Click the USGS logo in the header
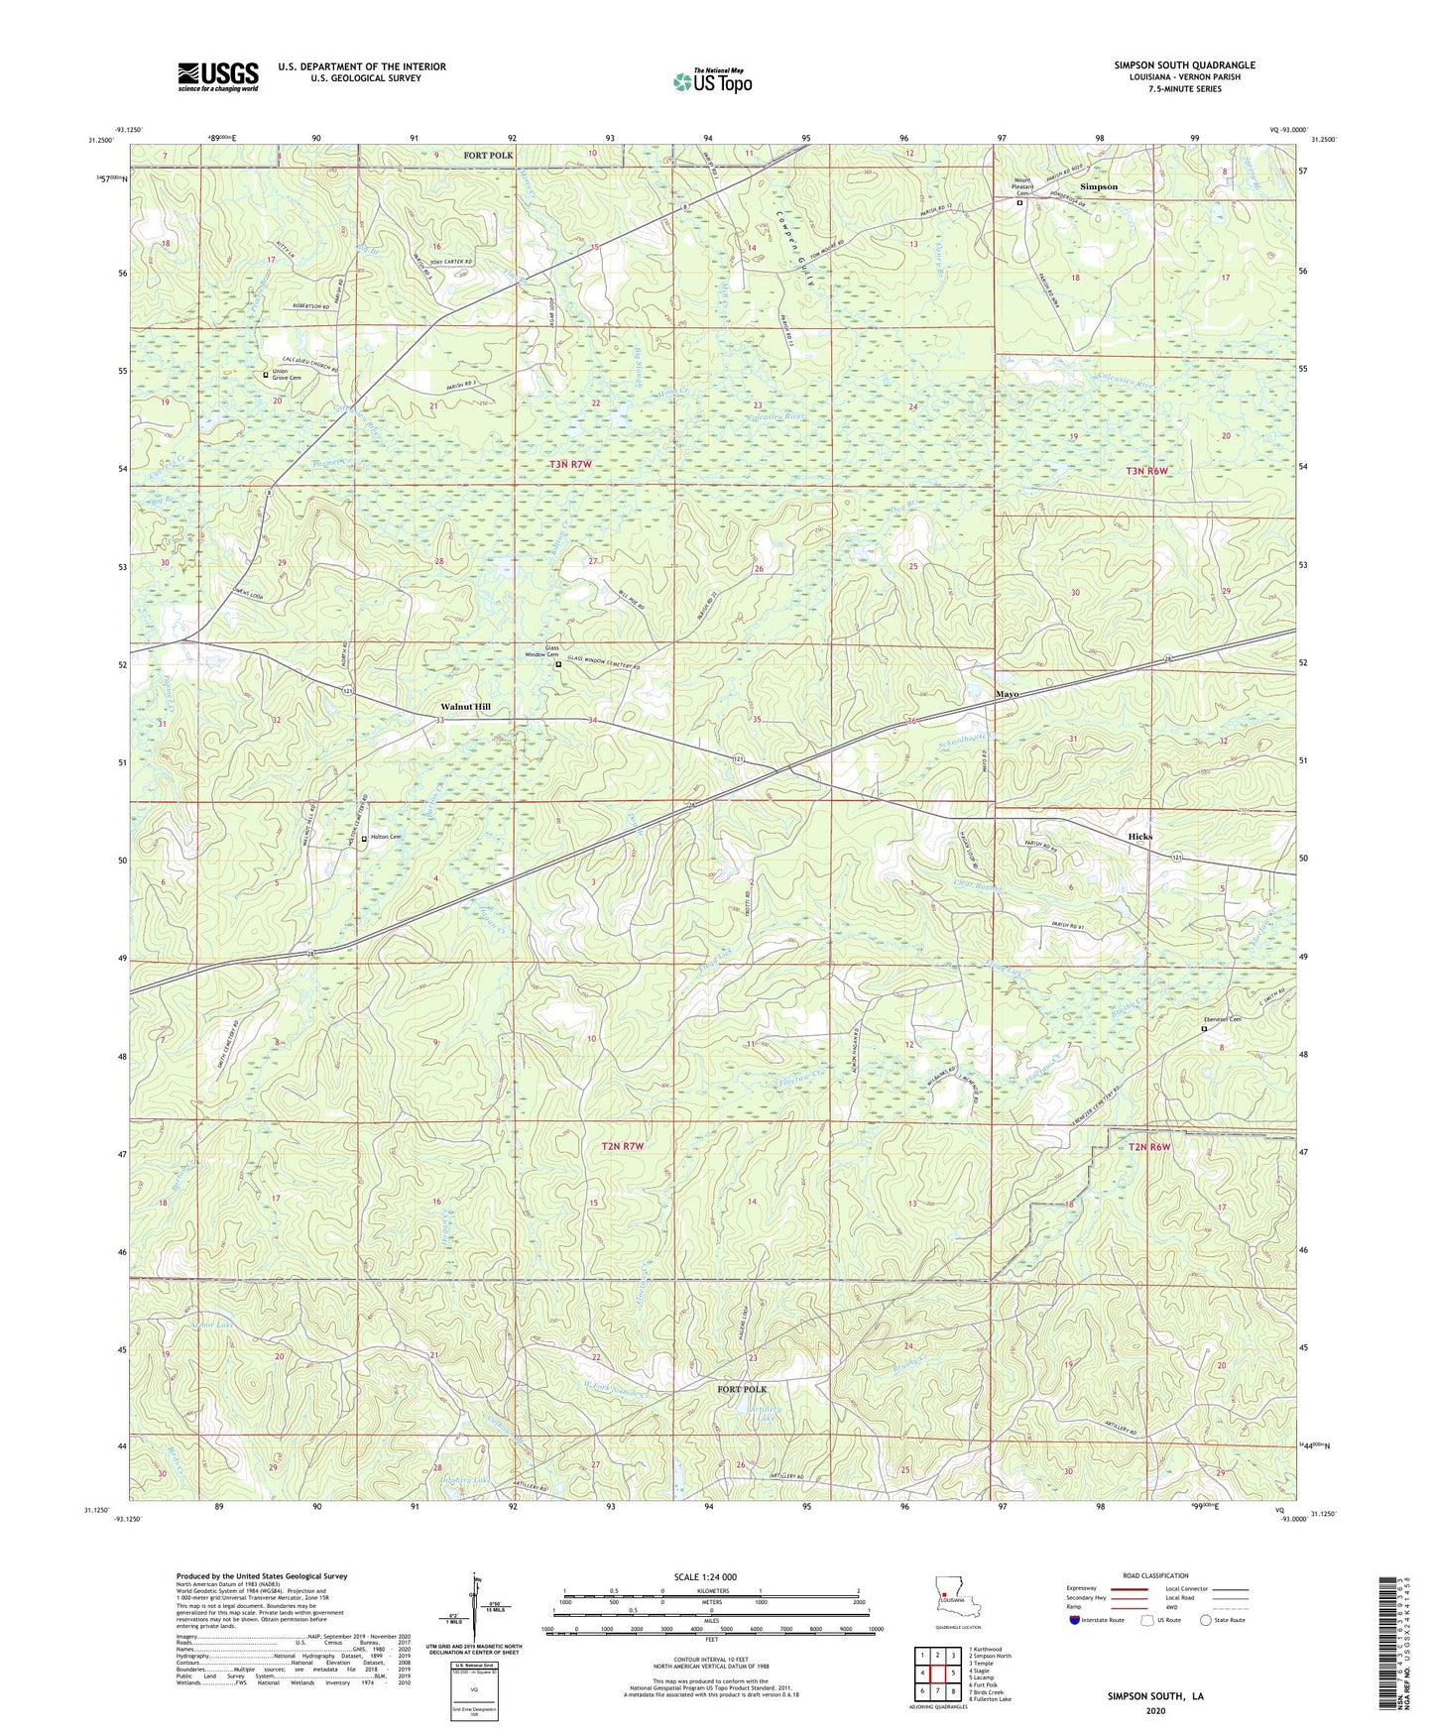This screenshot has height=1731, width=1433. coord(218,76)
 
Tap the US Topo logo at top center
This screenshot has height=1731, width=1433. coord(712,80)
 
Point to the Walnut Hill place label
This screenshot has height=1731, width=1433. coord(465,707)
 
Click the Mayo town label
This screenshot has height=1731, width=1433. coord(1007,694)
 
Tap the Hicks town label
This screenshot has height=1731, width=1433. coord(1139,837)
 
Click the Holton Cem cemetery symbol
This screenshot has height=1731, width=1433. coord(364,839)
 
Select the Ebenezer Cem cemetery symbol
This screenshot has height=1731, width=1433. coord(1204,1029)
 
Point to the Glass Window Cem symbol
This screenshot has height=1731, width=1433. coord(558,665)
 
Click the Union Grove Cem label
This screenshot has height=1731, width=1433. coord(287,375)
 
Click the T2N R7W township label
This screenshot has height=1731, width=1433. coord(623,1146)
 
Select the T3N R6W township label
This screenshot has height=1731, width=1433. coord(1148,472)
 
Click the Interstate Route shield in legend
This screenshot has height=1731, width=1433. coord(1075,1620)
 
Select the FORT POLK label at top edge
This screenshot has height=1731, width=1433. coord(488,156)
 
